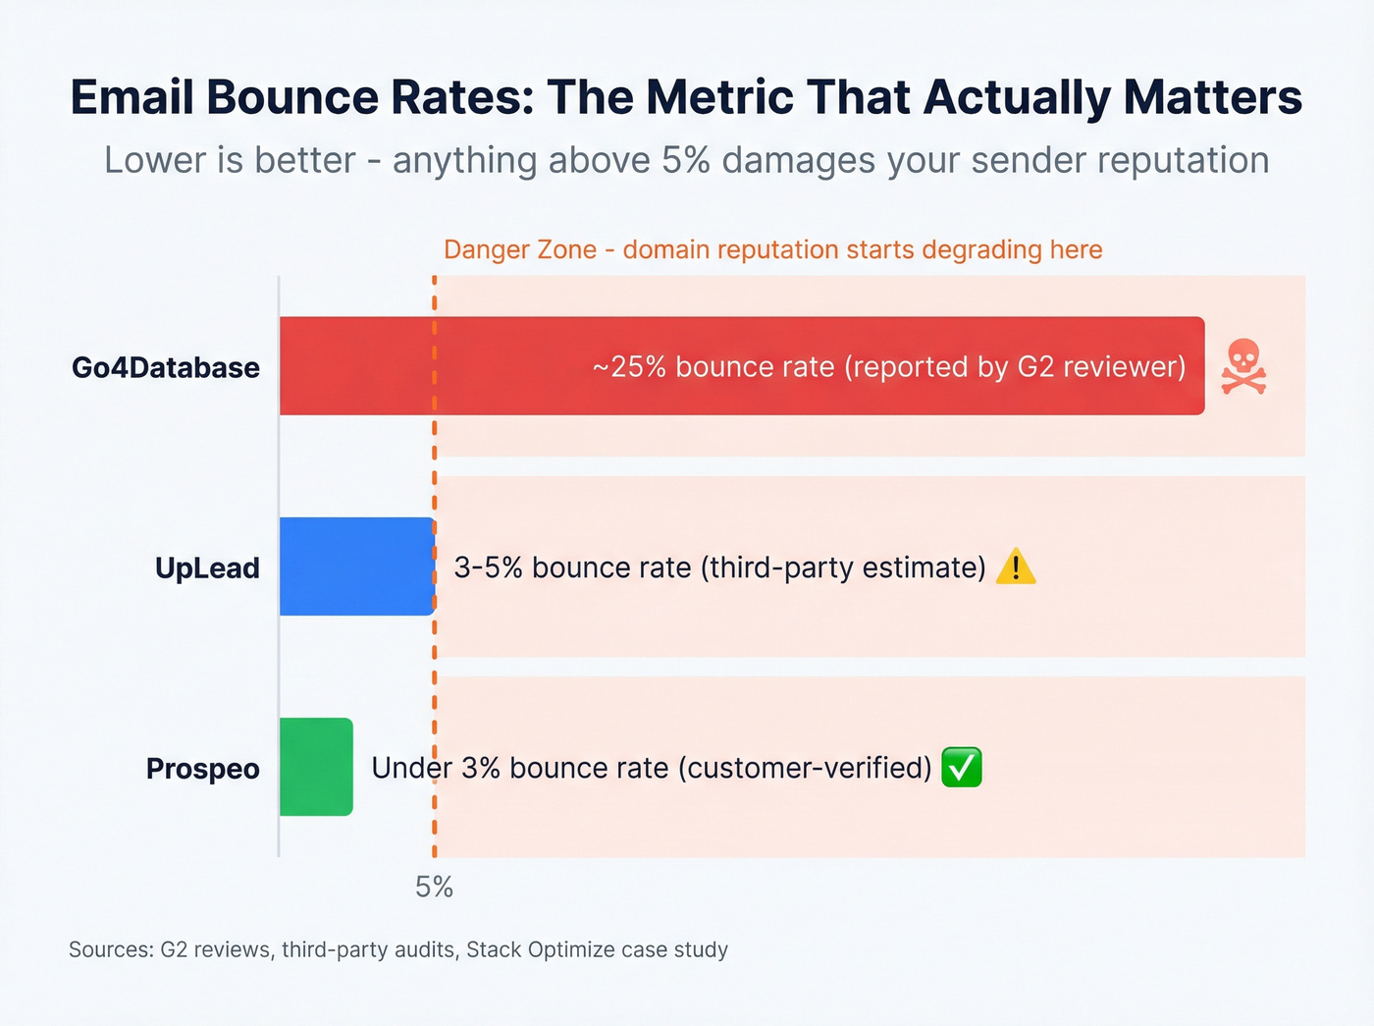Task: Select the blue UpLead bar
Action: tap(356, 567)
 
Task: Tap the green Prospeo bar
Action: tap(316, 767)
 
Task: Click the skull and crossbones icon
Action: tap(1242, 367)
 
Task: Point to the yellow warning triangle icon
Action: tap(1015, 567)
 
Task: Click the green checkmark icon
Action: tap(961, 767)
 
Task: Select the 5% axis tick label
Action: tap(434, 888)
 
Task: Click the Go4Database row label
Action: tap(166, 368)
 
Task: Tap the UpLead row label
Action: tap(207, 568)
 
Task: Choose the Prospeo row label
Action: tap(202, 769)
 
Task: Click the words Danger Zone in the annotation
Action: tap(519, 250)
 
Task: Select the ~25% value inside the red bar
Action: tap(628, 367)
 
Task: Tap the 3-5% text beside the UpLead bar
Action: tap(488, 567)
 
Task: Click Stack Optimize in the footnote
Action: tap(549, 950)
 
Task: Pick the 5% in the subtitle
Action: tap(685, 161)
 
